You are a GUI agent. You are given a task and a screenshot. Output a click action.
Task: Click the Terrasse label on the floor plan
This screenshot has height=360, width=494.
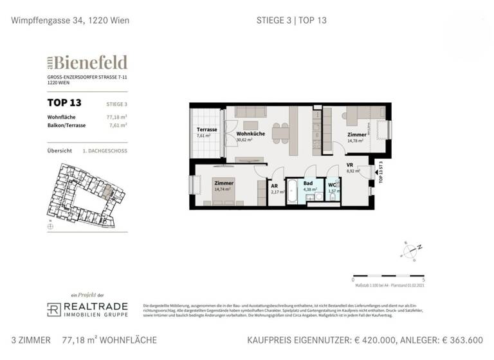206,129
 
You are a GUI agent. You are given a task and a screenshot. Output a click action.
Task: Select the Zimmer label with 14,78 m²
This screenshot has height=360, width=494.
356,135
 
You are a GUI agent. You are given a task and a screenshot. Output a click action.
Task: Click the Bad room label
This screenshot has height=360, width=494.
308,183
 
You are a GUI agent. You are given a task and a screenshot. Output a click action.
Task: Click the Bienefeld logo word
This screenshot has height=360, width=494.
90,62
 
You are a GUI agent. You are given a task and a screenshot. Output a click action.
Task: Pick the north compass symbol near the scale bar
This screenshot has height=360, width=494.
409,249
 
